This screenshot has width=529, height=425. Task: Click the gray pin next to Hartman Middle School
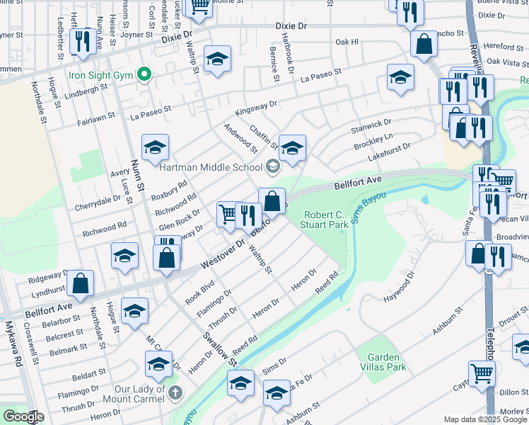272,167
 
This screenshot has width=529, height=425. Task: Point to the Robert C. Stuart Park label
326,220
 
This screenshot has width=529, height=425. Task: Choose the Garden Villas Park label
381,362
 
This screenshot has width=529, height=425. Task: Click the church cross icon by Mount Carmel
175,391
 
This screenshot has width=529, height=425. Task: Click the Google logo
23,416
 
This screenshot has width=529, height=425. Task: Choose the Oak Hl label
347,42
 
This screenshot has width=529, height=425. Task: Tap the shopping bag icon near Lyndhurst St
82,283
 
